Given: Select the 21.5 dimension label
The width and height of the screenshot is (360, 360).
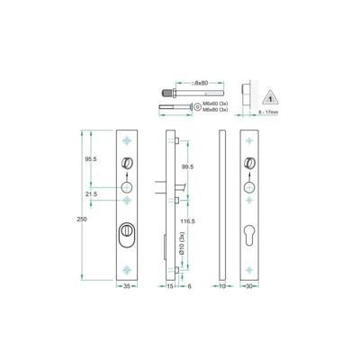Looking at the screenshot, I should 92,193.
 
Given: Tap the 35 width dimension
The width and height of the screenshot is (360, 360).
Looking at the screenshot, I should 129,285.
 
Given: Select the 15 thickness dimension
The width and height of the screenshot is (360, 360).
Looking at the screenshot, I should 170,285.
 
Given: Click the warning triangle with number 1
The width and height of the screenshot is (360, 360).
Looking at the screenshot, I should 271,95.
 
